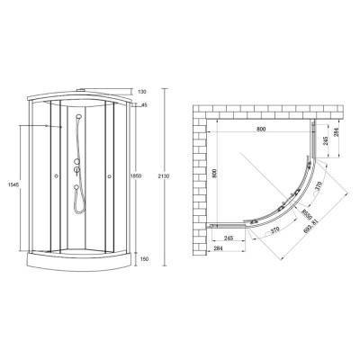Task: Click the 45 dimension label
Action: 143,105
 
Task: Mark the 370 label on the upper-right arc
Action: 318,186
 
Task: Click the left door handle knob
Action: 57,176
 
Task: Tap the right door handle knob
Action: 111,176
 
